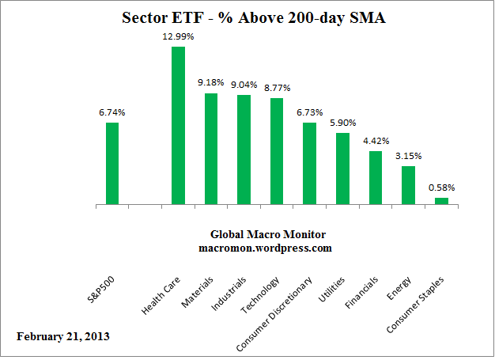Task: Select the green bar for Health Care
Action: pyautogui.click(x=178, y=126)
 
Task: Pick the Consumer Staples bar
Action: pyautogui.click(x=441, y=201)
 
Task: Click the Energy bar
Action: pyautogui.click(x=408, y=185)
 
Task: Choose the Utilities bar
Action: pyautogui.click(x=342, y=169)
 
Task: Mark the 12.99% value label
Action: pyautogui.click(x=178, y=36)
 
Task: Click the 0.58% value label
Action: pyautogui.click(x=441, y=188)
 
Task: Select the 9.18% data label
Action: pyautogui.click(x=211, y=83)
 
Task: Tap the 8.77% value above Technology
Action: pyautogui.click(x=277, y=88)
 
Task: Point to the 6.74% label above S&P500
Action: pyautogui.click(x=111, y=112)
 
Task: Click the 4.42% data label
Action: pyautogui.click(x=376, y=141)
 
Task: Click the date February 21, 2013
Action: pyautogui.click(x=63, y=335)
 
